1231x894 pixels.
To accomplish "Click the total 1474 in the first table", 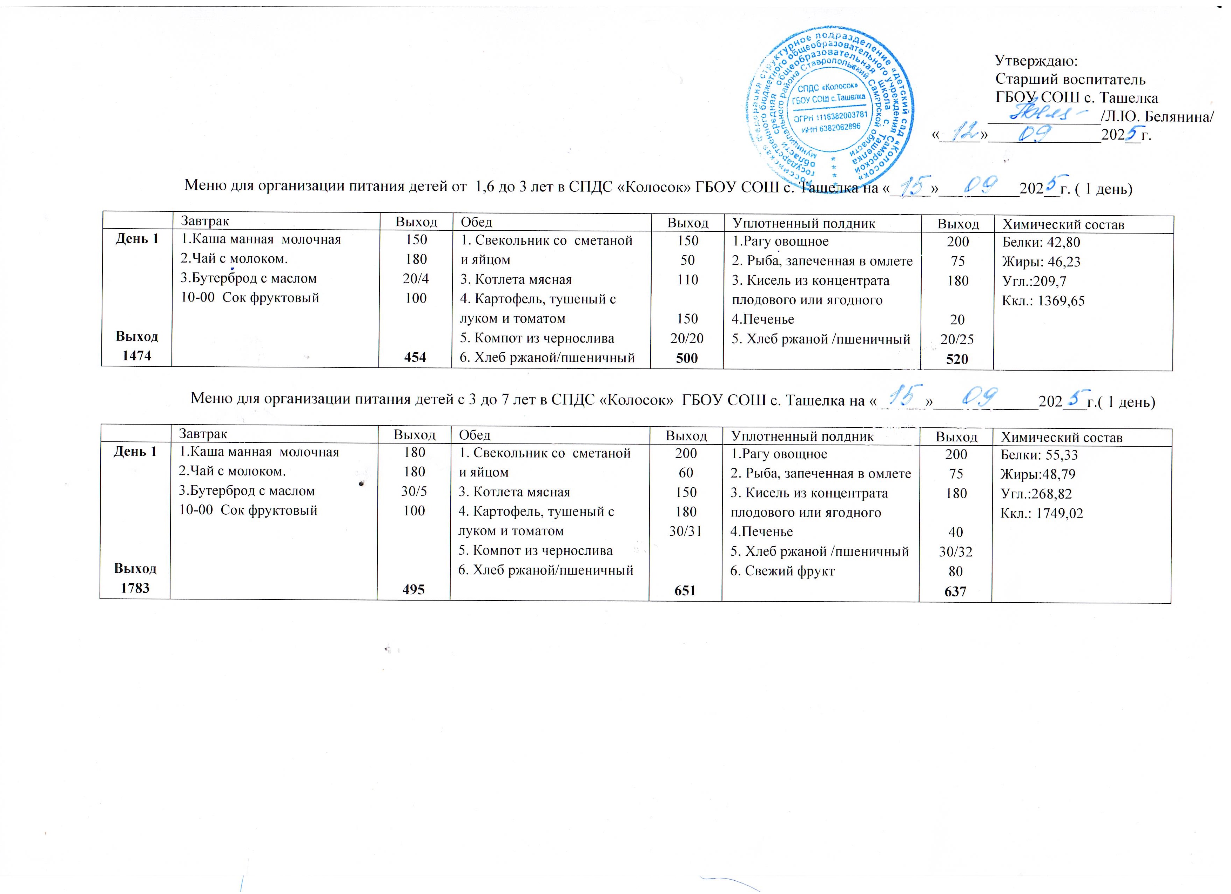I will (137, 355).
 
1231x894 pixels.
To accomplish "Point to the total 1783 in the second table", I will (135, 588).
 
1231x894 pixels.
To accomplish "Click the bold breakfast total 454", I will (415, 357).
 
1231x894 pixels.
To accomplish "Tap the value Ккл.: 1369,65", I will (1043, 301).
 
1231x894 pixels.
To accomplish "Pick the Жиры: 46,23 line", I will (1041, 262).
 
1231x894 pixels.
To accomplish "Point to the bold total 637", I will (955, 591).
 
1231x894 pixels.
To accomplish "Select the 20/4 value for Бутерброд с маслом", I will (416, 278).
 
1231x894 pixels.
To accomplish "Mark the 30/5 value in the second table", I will (414, 491).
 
